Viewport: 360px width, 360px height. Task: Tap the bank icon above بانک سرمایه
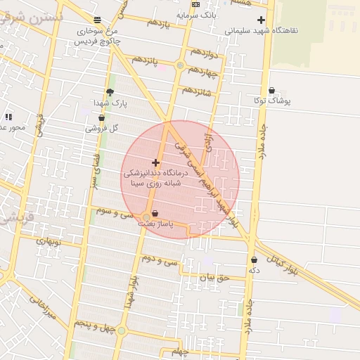click(195, 4)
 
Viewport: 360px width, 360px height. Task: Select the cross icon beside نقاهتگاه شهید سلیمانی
click(262, 20)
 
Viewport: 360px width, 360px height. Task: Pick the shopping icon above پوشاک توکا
click(272, 90)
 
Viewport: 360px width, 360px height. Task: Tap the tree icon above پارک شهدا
click(110, 92)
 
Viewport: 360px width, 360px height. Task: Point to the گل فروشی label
click(102, 129)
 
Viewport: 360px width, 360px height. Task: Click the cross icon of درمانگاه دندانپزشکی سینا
click(155, 162)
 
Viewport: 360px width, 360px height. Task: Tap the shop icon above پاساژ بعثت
click(155, 213)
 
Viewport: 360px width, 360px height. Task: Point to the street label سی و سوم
click(114, 212)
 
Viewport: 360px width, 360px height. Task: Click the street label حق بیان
click(214, 278)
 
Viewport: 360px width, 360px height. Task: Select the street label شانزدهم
click(196, 90)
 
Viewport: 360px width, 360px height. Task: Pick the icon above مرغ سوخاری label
click(97, 20)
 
